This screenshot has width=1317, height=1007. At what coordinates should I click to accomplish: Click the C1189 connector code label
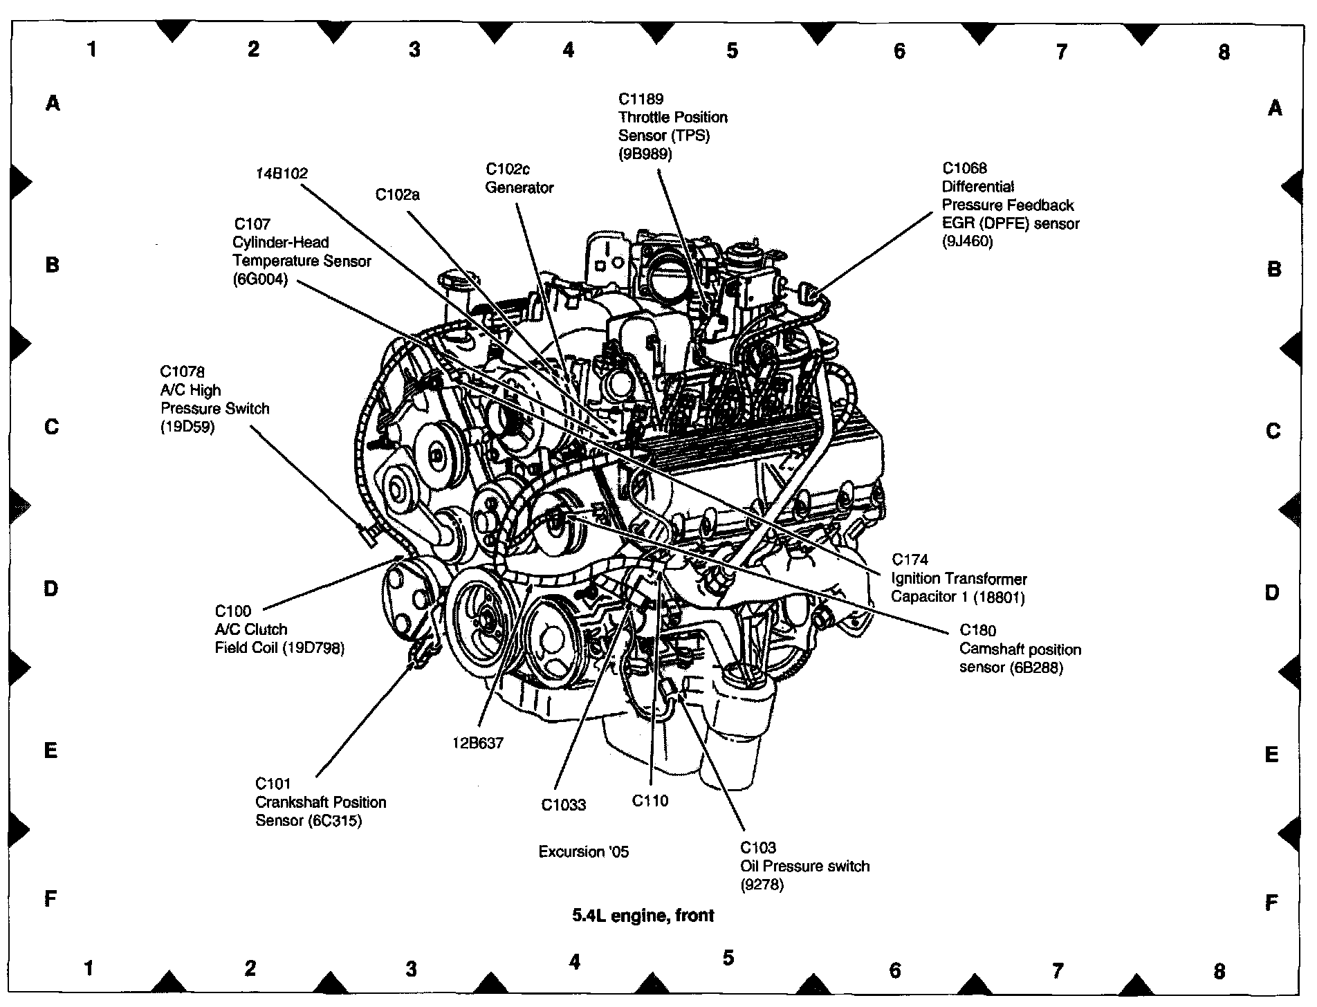pyautogui.click(x=641, y=100)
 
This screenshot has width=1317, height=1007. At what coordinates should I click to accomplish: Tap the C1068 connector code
pyautogui.click(x=964, y=168)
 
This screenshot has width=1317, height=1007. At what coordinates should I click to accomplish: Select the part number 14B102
pyautogui.click(x=282, y=174)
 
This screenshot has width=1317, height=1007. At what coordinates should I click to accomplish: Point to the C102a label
pyautogui.click(x=397, y=195)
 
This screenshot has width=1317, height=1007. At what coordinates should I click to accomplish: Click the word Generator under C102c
pyautogui.click(x=519, y=187)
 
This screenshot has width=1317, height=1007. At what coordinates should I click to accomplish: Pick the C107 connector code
pyautogui.click(x=252, y=224)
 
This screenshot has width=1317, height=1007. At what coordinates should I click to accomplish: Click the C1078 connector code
pyautogui.click(x=183, y=372)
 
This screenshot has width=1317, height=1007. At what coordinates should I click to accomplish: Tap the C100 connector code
pyautogui.click(x=233, y=611)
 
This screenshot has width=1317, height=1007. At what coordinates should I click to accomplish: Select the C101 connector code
pyautogui.click(x=273, y=784)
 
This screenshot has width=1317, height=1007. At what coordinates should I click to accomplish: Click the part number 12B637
pyautogui.click(x=478, y=743)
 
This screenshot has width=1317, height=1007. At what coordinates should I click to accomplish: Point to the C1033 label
pyautogui.click(x=563, y=805)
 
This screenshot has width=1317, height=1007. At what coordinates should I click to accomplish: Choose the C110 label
pyautogui.click(x=650, y=801)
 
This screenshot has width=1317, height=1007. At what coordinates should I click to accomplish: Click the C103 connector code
pyautogui.click(x=758, y=847)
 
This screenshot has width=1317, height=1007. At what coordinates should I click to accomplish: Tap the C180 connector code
pyautogui.click(x=977, y=631)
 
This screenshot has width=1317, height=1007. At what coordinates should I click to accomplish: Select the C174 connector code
pyautogui.click(x=910, y=560)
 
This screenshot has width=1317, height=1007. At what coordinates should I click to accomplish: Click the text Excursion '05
pyautogui.click(x=584, y=851)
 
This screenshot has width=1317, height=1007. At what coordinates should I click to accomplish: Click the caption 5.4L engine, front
pyautogui.click(x=643, y=915)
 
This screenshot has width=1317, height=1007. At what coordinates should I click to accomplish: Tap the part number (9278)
pyautogui.click(x=762, y=885)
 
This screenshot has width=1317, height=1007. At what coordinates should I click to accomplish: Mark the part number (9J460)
pyautogui.click(x=967, y=241)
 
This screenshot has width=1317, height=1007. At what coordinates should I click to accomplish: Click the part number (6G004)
pyautogui.click(x=260, y=279)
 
